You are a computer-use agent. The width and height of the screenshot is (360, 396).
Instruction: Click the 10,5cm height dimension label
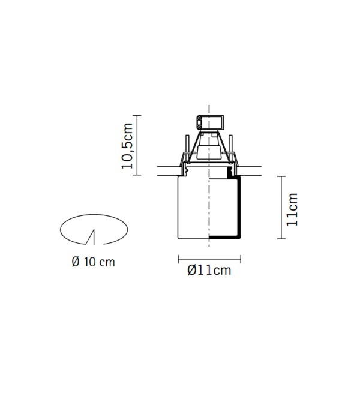coord(127,146)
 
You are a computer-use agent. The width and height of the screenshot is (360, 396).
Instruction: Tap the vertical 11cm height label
coord(292,209)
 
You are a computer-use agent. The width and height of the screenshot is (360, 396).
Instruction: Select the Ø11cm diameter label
coord(209,270)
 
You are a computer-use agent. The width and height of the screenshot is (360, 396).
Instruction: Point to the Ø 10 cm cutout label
coord(93,262)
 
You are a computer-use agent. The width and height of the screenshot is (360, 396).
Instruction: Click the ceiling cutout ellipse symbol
coord(94,215)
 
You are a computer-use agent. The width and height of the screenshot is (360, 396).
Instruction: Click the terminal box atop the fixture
coord(210,122)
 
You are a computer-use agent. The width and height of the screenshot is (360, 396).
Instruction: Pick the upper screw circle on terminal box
coord(199,118)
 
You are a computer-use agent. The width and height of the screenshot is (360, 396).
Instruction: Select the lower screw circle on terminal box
coord(199,127)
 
